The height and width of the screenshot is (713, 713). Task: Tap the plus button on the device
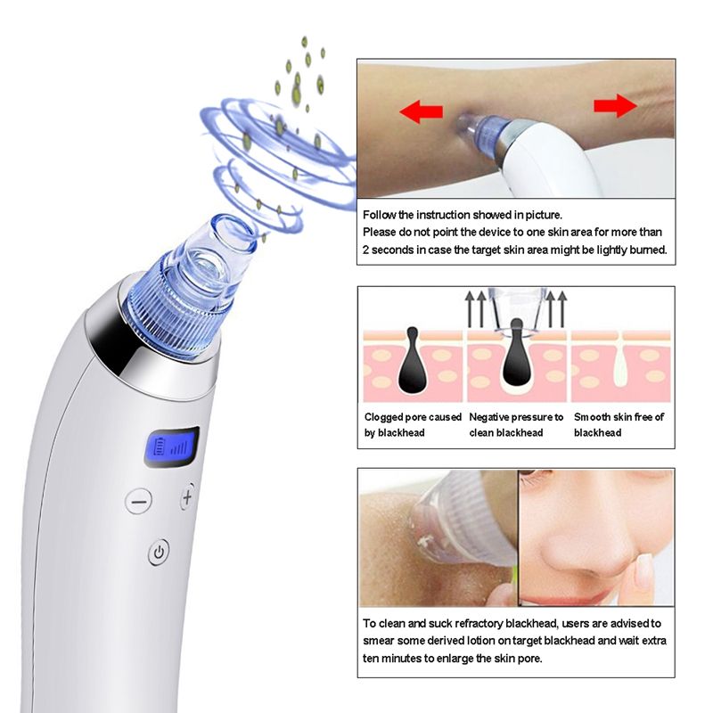[x=187, y=497]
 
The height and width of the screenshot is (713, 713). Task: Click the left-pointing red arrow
[x=422, y=111]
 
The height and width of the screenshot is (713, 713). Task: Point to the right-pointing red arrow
[x=615, y=105]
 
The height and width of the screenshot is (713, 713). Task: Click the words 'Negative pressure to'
[x=516, y=417]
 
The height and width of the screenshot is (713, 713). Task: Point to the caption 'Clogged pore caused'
[x=414, y=417]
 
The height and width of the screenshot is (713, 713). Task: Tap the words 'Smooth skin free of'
[x=619, y=417]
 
